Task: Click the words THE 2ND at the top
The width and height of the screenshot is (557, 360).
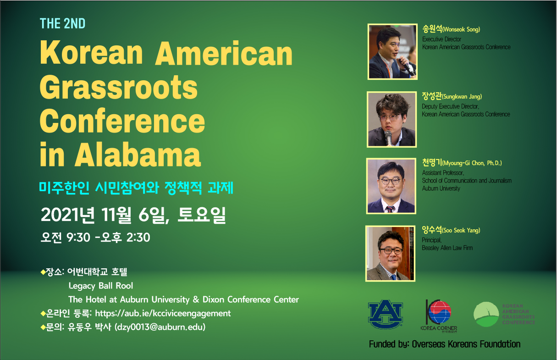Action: [62, 24]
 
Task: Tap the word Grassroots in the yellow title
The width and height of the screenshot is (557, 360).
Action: [119, 87]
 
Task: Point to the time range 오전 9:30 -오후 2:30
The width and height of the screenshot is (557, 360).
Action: [95, 237]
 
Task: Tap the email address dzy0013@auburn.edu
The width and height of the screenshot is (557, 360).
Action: [160, 327]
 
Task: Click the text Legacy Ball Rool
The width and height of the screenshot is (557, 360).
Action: [101, 286]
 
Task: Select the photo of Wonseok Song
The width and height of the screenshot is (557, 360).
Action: [392, 52]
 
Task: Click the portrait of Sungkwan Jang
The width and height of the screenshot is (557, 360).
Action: [392, 119]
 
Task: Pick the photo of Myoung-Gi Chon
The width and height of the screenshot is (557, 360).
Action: [391, 186]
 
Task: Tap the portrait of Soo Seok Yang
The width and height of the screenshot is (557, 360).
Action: [391, 254]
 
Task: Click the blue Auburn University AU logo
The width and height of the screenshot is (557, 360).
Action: [386, 314]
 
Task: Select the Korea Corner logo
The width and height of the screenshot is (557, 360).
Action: [439, 316]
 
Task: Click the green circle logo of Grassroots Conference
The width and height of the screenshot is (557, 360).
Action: [486, 314]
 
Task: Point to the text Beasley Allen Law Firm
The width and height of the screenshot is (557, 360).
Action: [447, 248]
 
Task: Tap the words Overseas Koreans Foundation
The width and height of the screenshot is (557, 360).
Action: [466, 344]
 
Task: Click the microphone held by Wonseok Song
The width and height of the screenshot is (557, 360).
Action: [407, 66]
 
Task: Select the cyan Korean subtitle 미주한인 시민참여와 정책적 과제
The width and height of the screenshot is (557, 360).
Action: [136, 188]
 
